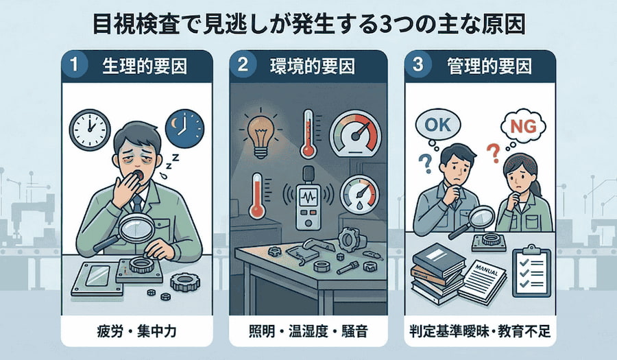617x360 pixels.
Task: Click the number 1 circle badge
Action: (x=74, y=65)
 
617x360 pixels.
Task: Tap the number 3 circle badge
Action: (x=418, y=65)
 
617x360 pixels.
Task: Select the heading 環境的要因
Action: (x=312, y=66)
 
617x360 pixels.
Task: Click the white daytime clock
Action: (x=90, y=130)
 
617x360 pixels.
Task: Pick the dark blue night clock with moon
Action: (x=184, y=129)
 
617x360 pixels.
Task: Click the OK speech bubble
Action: (x=438, y=125)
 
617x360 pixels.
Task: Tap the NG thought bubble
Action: (x=523, y=127)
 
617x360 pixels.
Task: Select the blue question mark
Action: (x=424, y=164)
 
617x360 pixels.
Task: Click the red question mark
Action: (x=492, y=153)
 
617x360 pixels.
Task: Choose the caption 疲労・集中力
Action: (x=136, y=331)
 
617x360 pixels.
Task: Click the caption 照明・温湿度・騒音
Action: (x=308, y=331)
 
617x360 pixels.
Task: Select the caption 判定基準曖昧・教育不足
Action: (x=480, y=331)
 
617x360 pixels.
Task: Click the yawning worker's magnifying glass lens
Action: (x=136, y=229)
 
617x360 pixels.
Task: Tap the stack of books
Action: (x=437, y=273)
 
